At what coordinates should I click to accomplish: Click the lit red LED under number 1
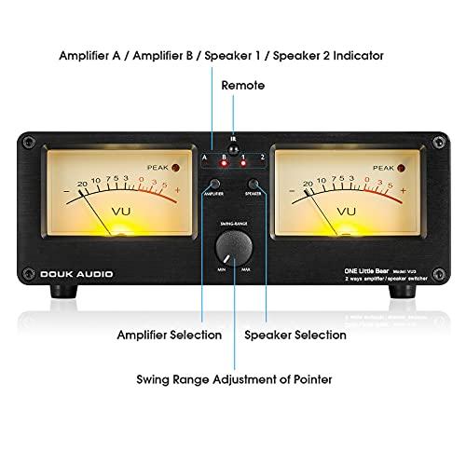pyautogui.click(x=243, y=163)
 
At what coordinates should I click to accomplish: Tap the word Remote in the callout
pyautogui.click(x=242, y=85)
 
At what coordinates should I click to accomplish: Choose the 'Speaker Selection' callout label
pyautogui.click(x=295, y=333)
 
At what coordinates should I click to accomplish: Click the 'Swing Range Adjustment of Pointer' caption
pyautogui.click(x=233, y=378)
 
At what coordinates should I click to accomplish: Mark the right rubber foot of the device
pyautogui.click(x=404, y=294)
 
